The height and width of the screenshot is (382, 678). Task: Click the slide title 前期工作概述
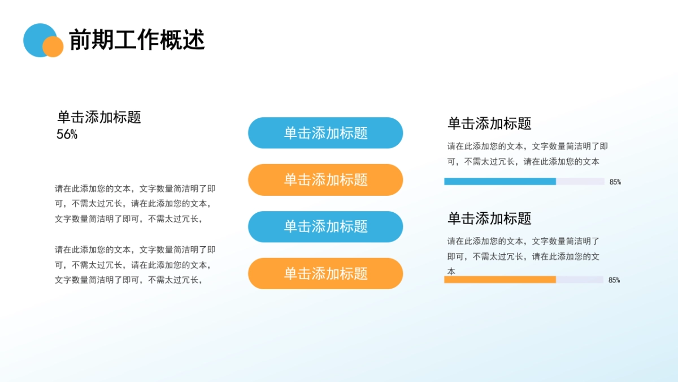click(137, 40)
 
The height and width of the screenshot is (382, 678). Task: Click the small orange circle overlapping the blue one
click(53, 47)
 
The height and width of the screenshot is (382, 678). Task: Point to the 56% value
click(67, 135)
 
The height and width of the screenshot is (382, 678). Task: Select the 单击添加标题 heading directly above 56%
click(99, 117)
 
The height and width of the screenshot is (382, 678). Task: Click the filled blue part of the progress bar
click(499, 182)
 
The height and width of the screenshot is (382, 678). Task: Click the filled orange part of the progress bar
click(499, 280)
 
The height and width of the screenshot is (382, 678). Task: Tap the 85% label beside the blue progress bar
click(615, 182)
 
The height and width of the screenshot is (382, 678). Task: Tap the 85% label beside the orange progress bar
click(614, 280)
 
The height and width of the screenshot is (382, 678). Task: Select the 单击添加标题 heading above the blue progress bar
click(489, 123)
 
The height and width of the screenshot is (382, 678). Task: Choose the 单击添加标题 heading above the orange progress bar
click(489, 218)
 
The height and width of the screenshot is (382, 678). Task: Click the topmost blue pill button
click(325, 133)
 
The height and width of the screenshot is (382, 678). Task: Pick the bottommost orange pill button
click(325, 274)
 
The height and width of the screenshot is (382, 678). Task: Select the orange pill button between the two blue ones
click(325, 180)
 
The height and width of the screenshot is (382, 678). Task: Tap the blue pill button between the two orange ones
click(325, 227)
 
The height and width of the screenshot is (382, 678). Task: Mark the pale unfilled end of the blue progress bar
click(580, 182)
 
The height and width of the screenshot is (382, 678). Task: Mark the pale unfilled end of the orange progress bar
click(580, 280)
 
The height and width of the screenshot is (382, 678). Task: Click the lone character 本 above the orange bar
click(451, 272)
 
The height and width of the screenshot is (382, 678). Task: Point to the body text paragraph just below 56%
click(135, 204)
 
